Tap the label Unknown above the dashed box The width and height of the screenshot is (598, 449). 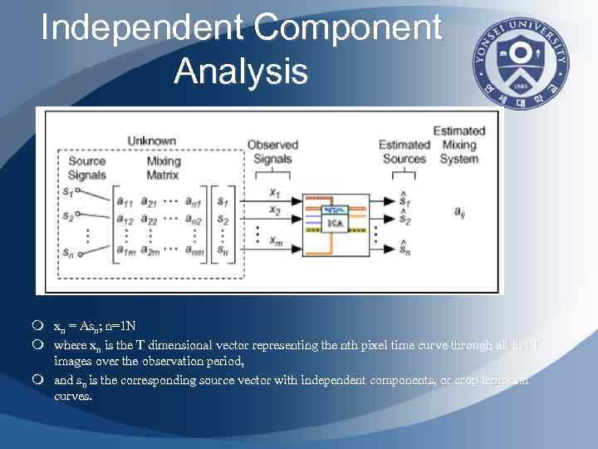pyautogui.click(x=151, y=141)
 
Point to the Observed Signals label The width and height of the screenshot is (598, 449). pyautogui.click(x=272, y=152)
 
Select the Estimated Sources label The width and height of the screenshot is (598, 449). pyautogui.click(x=404, y=152)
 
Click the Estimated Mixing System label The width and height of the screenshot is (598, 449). pyautogui.click(x=458, y=145)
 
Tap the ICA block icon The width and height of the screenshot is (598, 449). pyautogui.click(x=333, y=220)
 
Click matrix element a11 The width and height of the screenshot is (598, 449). pyautogui.click(x=126, y=202)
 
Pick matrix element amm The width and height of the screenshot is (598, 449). pyautogui.click(x=196, y=251)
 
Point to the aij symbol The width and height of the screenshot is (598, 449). pyautogui.click(x=458, y=213)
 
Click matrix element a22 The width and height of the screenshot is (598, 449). pyautogui.click(x=149, y=219)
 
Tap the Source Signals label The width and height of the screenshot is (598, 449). pyautogui.click(x=87, y=168)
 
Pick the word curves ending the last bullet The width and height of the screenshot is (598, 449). pyautogui.click(x=73, y=397)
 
